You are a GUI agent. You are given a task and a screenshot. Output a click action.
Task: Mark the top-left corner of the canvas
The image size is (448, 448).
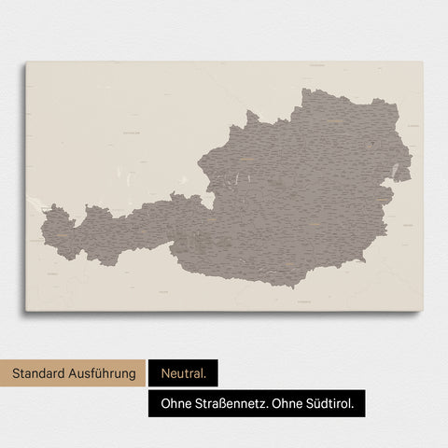click(x=26, y=63)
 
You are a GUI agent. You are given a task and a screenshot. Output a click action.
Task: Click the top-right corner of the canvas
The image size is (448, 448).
click(x=422, y=63)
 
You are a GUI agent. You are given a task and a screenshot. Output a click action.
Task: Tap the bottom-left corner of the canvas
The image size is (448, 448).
click(x=26, y=311)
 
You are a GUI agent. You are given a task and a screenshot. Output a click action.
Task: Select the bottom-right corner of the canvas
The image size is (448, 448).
click(x=422, y=311)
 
